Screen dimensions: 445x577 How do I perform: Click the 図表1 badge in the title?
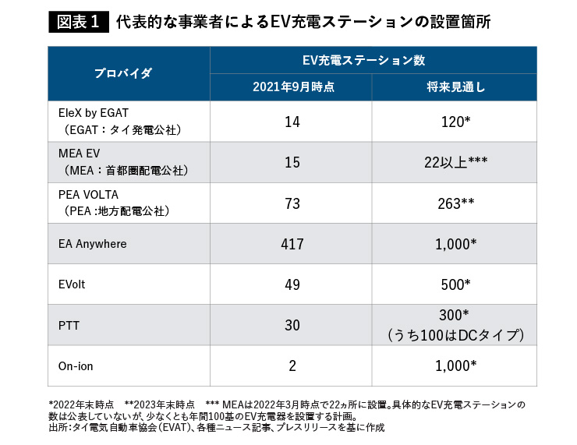tap(78, 22)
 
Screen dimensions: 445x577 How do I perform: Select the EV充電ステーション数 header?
tap(373, 60)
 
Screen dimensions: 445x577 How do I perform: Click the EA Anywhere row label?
tap(92, 244)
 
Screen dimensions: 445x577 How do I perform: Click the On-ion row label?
tap(75, 366)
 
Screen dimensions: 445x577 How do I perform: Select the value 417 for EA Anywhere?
tap(292, 244)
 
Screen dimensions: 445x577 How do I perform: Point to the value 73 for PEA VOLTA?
tap(292, 203)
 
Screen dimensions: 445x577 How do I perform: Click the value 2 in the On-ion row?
tap(292, 366)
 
